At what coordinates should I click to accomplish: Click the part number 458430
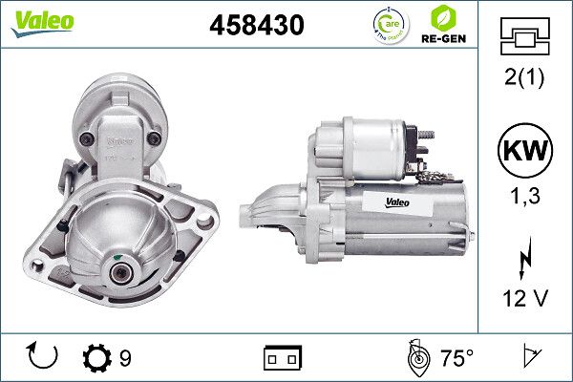[x=256, y=26]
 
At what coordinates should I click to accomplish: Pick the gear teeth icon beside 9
[x=97, y=358]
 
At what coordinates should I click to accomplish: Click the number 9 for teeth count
[x=125, y=358]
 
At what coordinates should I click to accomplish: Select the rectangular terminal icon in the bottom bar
[x=283, y=358]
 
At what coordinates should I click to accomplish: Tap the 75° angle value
[x=456, y=358]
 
